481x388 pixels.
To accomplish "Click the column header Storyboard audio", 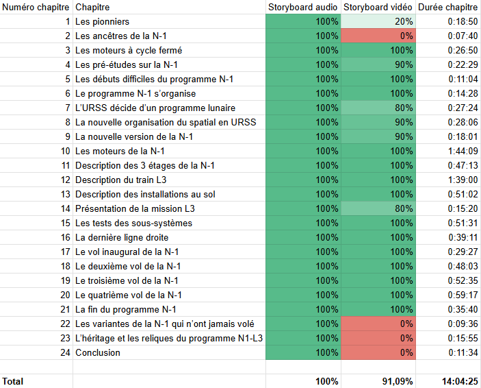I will pyautogui.click(x=302, y=7).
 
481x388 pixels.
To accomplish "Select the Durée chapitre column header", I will pyautogui.click(x=448, y=7).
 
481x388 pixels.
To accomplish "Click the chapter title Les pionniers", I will pyautogui.click(x=102, y=21).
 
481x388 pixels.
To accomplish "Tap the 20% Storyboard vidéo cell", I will pyautogui.click(x=378, y=21).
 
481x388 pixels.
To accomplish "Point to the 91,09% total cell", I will pyautogui.click(x=378, y=380).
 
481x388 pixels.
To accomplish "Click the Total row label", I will pyautogui.click(x=14, y=380).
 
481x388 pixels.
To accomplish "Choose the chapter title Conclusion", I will pyautogui.click(x=98, y=352).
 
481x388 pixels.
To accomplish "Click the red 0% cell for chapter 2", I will pyautogui.click(x=378, y=36).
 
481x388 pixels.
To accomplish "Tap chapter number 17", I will pyautogui.click(x=65, y=252).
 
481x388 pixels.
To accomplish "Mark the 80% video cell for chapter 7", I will pyautogui.click(x=378, y=108).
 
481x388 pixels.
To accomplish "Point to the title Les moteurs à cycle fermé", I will pyautogui.click(x=129, y=50).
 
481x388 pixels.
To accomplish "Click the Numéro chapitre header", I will pyautogui.click(x=34, y=7).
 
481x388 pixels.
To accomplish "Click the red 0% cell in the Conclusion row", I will pyautogui.click(x=378, y=352).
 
